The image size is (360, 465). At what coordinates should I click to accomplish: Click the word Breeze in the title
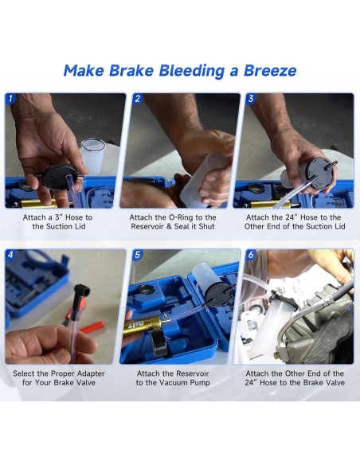click(270, 71)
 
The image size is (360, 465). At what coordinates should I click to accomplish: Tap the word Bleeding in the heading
click(191, 72)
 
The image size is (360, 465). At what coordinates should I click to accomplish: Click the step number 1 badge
click(10, 99)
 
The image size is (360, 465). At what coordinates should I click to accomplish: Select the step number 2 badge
click(137, 99)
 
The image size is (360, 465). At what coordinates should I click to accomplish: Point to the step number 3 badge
click(251, 99)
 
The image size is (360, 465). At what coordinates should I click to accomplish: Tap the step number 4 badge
click(10, 255)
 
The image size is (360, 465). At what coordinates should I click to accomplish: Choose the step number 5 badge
click(137, 255)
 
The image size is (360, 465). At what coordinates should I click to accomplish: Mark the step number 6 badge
click(251, 255)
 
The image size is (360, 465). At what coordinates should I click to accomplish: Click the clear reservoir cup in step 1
click(93, 157)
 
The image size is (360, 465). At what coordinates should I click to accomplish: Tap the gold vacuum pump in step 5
click(143, 325)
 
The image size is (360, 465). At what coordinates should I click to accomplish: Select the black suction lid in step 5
click(218, 294)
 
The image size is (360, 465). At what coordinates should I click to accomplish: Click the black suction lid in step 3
click(320, 174)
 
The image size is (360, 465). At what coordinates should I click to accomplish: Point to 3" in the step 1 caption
click(58, 217)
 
